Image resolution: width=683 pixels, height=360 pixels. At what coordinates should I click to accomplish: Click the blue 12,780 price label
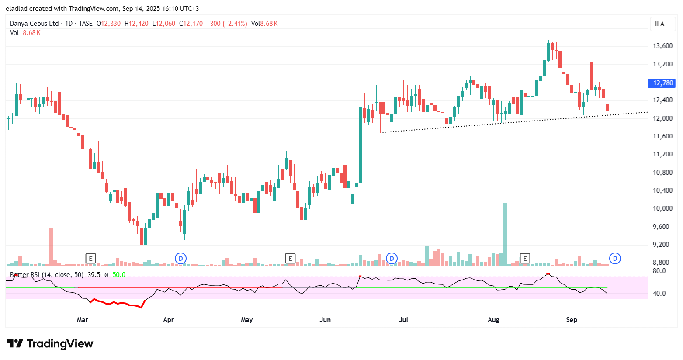tap(663, 83)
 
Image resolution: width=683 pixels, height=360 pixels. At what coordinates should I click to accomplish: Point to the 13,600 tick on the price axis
tap(662, 46)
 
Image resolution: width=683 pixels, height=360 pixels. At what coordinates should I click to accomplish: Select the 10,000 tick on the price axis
tap(662, 208)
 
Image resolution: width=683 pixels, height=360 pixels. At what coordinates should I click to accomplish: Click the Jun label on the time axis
tap(325, 320)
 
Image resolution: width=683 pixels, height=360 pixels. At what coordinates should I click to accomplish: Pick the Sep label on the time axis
tap(572, 320)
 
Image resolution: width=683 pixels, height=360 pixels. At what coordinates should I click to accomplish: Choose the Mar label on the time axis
tap(82, 320)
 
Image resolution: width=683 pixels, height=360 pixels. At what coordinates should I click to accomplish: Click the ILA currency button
tap(659, 24)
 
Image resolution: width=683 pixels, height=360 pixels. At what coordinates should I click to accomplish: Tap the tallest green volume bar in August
tap(505, 234)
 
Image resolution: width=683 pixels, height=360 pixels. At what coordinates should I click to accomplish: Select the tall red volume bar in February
tap(51, 246)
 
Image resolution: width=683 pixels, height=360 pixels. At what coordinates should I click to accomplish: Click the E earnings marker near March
tap(90, 258)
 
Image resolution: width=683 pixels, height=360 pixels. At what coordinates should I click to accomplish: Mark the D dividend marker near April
tap(180, 258)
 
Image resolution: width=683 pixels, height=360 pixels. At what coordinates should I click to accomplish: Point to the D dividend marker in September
tap(615, 258)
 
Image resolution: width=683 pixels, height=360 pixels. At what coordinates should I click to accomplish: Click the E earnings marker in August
tap(525, 258)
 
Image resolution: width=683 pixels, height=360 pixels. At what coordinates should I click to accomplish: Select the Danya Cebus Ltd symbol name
tap(34, 24)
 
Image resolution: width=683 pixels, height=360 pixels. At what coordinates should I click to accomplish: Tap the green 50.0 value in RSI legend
tap(119, 275)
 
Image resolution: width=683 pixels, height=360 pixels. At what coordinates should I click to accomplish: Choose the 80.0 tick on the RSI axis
tap(659, 271)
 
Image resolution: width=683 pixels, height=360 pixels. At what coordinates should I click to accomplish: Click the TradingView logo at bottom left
tap(50, 344)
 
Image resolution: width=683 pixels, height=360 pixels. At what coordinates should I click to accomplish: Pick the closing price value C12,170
tap(191, 24)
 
